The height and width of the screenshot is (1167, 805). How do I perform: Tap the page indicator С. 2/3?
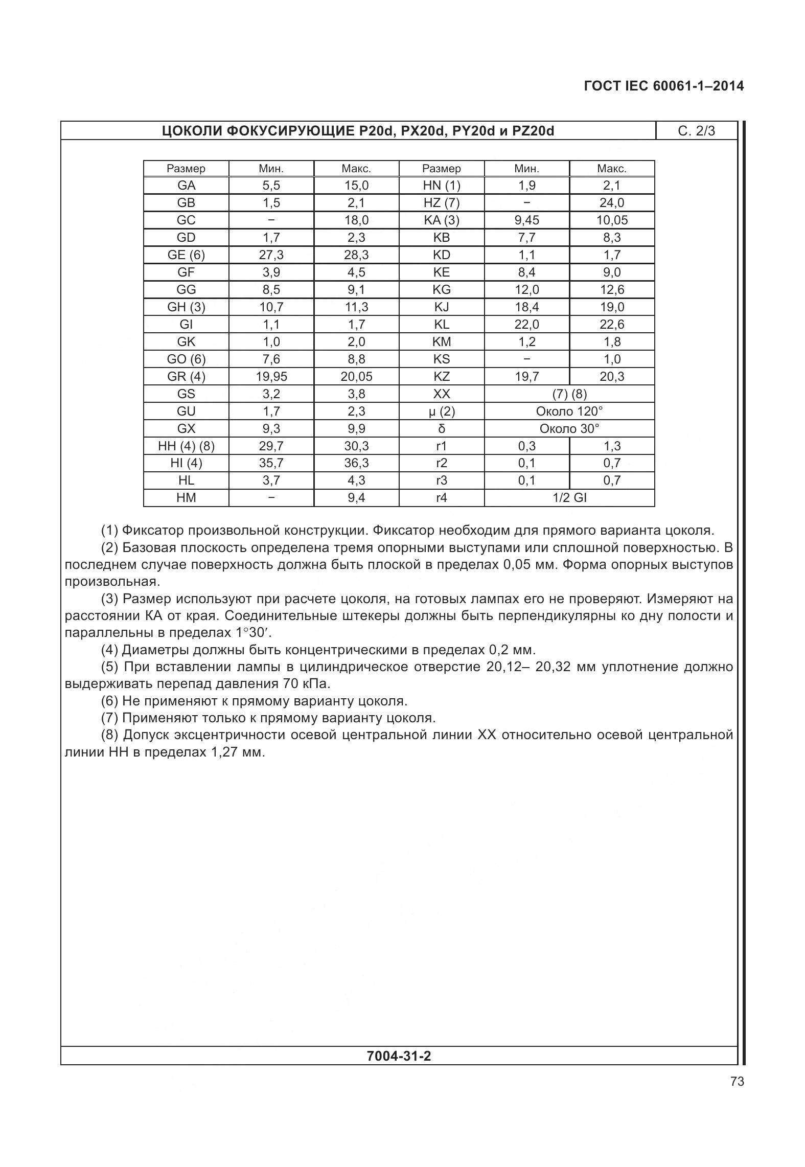point(696,131)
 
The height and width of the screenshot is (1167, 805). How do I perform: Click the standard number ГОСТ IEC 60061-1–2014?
point(663,86)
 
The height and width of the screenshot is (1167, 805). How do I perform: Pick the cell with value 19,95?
point(271,377)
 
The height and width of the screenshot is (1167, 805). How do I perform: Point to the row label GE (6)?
point(186,255)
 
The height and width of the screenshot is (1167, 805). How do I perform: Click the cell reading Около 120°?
point(569,411)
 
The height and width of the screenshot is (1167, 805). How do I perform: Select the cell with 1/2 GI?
point(569,498)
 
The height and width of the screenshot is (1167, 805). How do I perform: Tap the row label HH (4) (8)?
point(186,446)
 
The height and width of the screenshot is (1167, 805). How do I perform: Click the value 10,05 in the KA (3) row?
point(612,220)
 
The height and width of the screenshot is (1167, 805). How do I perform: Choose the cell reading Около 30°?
point(569,429)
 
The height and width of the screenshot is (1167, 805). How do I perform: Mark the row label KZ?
point(442,377)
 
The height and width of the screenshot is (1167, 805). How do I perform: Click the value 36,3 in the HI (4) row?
point(356,463)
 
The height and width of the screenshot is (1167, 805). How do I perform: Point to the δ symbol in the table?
point(442,429)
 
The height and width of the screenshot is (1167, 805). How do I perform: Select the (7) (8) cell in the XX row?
point(569,394)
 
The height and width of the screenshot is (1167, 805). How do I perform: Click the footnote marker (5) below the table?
point(110,667)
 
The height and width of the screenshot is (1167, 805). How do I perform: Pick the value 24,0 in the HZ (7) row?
point(612,203)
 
